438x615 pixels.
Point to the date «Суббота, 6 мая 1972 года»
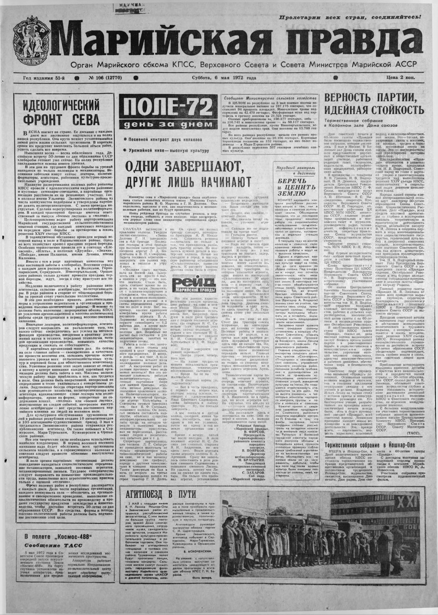pyautogui.click(x=224, y=78)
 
